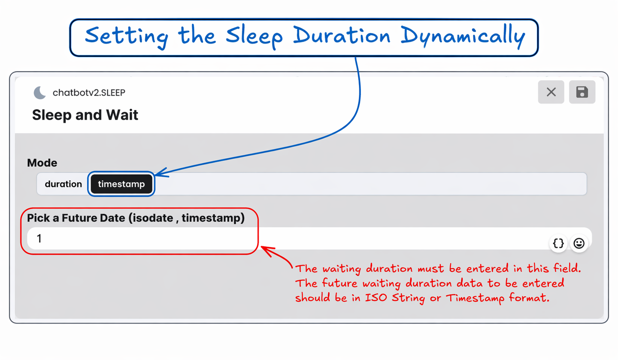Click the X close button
coord(551,92)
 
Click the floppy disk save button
coord(582,92)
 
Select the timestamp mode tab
coord(121,184)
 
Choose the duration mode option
coord(64,184)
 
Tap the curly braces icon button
coord(558,243)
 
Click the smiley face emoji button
coord(579,243)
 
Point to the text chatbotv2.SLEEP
coord(89,93)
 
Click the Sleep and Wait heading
coord(85,115)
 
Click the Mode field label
coord(42,163)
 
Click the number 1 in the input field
coord(39,238)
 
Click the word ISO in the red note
coord(376,298)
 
